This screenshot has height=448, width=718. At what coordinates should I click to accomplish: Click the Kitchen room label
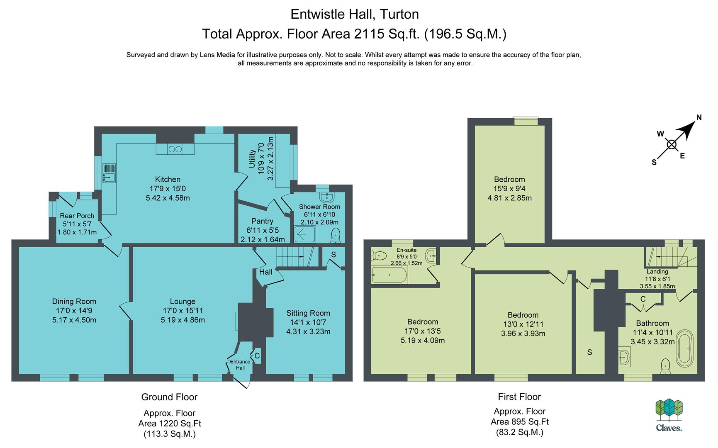[168, 179]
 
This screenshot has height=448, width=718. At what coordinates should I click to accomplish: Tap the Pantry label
[262, 221]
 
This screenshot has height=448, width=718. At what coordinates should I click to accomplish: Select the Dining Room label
[74, 302]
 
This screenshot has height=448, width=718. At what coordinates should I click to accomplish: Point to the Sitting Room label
[308, 313]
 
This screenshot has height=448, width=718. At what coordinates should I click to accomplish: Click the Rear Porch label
[77, 216]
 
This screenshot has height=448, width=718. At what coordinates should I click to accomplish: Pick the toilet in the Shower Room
[336, 235]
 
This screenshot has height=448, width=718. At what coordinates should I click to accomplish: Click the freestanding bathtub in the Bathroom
[684, 348]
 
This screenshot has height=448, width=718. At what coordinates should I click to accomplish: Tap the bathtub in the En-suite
[389, 275]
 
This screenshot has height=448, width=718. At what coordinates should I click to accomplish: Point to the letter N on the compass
[699, 117]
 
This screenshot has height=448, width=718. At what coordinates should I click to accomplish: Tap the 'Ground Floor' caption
[169, 397]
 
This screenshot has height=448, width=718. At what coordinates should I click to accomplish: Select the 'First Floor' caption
[519, 397]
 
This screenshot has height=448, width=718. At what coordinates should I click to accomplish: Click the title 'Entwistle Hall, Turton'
[355, 14]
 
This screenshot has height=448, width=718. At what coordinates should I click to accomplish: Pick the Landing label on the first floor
[657, 272]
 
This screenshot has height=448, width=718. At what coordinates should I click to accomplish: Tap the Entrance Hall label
[240, 365]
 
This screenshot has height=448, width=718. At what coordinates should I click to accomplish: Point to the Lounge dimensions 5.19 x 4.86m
[183, 320]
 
